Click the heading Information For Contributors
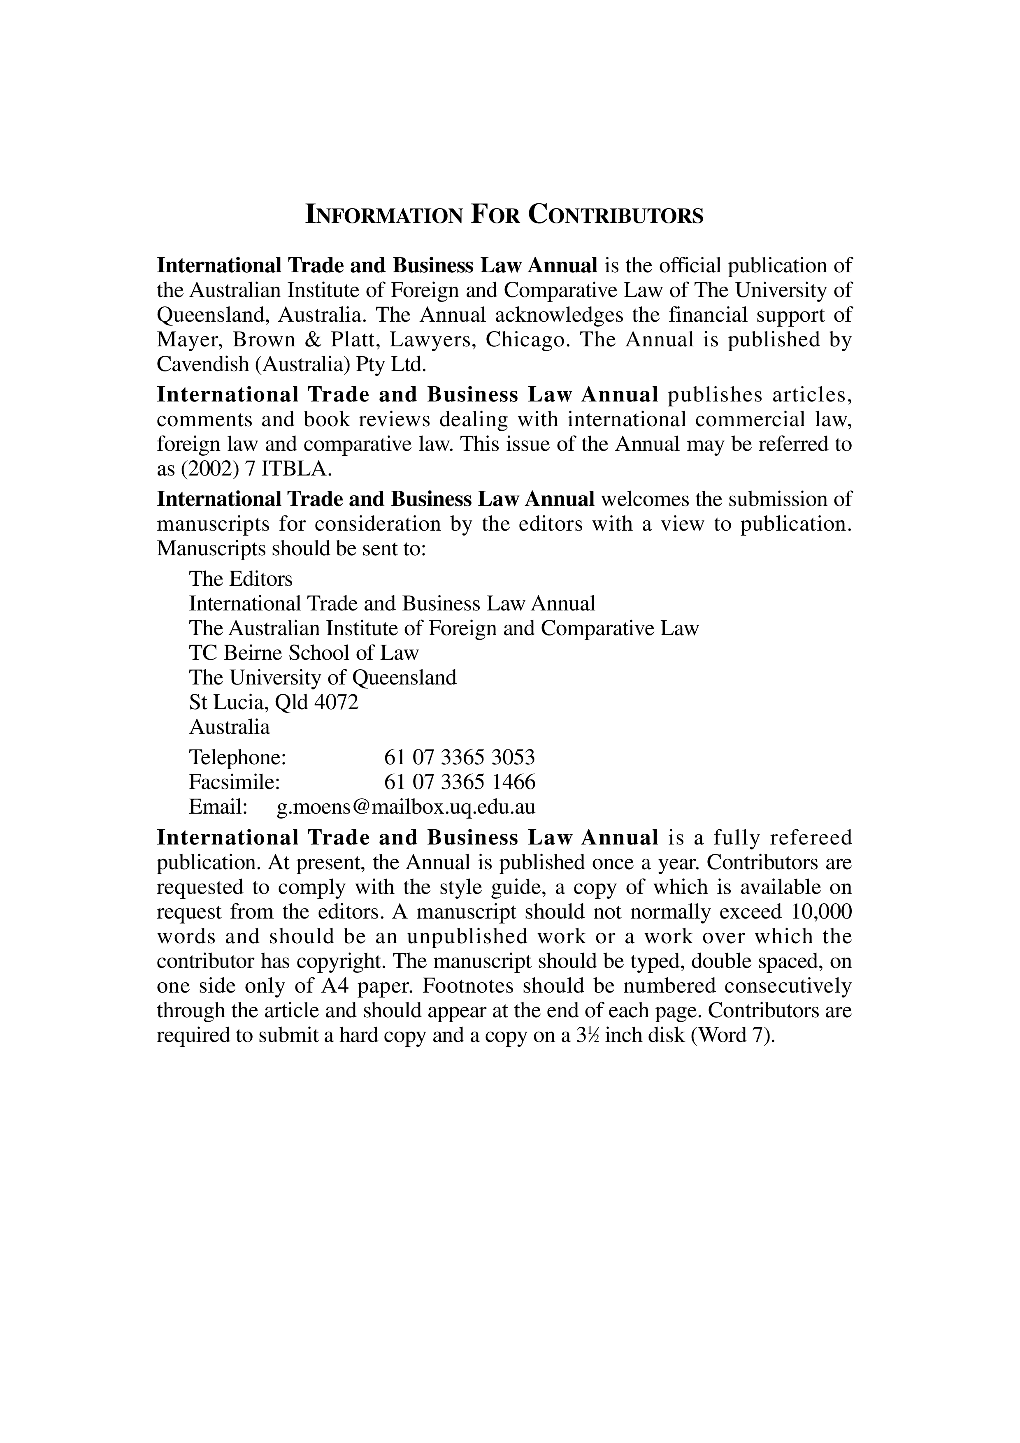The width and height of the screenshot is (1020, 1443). [x=504, y=216]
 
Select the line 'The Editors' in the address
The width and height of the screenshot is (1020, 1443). [x=241, y=578]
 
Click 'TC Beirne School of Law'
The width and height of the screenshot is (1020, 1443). [x=304, y=653]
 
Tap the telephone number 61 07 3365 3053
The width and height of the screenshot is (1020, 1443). [x=460, y=757]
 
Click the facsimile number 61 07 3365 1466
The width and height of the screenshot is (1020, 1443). [x=460, y=782]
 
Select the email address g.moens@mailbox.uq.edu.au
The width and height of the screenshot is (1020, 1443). [x=406, y=807]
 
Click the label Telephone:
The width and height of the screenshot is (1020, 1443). [x=237, y=757]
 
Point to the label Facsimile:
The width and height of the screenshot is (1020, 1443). [x=234, y=782]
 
